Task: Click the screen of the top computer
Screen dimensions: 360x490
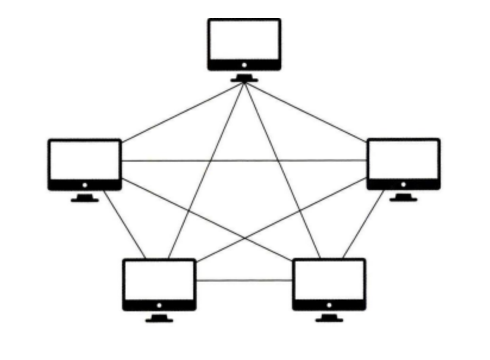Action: coord(244,40)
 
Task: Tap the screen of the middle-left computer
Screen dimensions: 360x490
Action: coord(84,160)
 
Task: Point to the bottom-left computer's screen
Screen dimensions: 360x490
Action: coord(159,280)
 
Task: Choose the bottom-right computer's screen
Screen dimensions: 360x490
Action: coord(329,280)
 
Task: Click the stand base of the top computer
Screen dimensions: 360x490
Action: coord(244,79)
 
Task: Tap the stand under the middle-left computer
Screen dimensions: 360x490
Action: coord(84,198)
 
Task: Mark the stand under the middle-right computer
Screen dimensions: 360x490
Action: coord(403,198)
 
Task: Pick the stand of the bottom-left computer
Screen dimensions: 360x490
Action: coord(159,319)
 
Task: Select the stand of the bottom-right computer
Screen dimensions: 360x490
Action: coord(329,318)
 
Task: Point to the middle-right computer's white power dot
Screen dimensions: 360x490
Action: coord(403,184)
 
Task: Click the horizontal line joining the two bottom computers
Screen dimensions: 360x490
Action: coord(244,280)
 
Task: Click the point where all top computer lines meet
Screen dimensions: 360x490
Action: coord(244,83)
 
